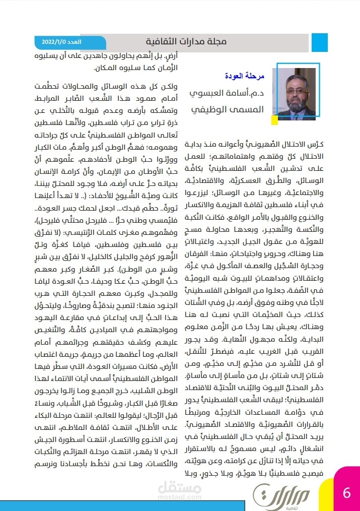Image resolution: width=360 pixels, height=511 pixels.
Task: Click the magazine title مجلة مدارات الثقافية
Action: tap(186, 41)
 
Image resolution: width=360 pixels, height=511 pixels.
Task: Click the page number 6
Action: tap(346, 492)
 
